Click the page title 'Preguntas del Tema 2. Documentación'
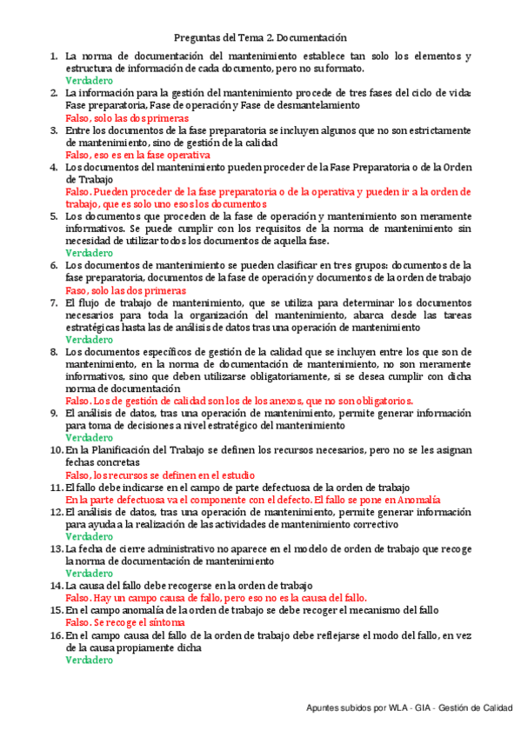pyautogui.click(x=260, y=37)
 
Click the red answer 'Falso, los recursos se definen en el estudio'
pyautogui.click(x=160, y=475)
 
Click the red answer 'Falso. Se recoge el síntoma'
pyautogui.click(x=125, y=623)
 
